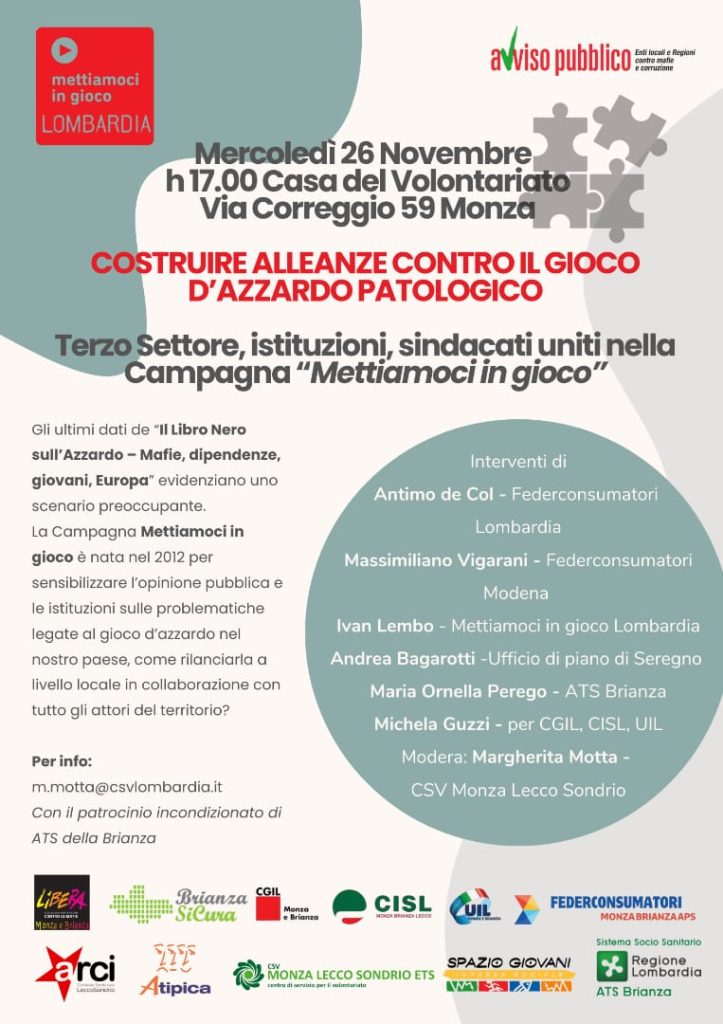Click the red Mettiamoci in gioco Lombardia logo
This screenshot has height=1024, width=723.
[x=95, y=86]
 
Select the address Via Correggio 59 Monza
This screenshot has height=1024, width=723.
[x=367, y=210]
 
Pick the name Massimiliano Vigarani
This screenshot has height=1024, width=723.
[x=441, y=560]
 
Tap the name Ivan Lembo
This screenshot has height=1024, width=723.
[x=384, y=626]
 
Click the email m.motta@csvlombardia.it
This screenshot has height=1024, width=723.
[x=127, y=787]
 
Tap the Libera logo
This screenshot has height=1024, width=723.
[x=62, y=902]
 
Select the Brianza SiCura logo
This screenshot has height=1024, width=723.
[x=178, y=903]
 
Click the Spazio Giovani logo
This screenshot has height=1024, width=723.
[x=509, y=973]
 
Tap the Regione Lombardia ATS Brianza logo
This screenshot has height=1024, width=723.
[x=648, y=968]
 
